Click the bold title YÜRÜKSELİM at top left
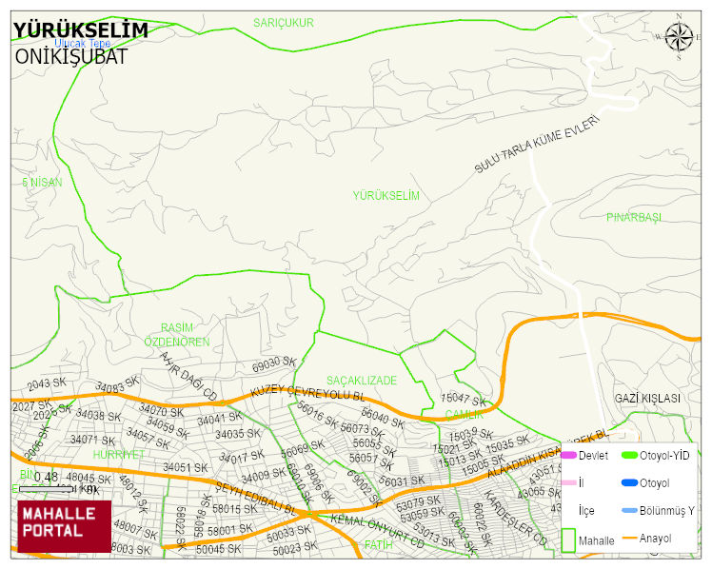80,30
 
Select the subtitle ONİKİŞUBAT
70,56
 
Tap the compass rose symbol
679,37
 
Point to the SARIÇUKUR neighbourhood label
283,22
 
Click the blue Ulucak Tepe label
83,44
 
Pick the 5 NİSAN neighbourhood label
42,182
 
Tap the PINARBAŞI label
633,217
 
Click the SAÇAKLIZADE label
361,380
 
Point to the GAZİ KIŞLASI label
647,398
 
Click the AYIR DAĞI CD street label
189,377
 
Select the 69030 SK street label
274,364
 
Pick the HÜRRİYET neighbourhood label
117,455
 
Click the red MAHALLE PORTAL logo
64,526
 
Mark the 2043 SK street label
47,383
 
